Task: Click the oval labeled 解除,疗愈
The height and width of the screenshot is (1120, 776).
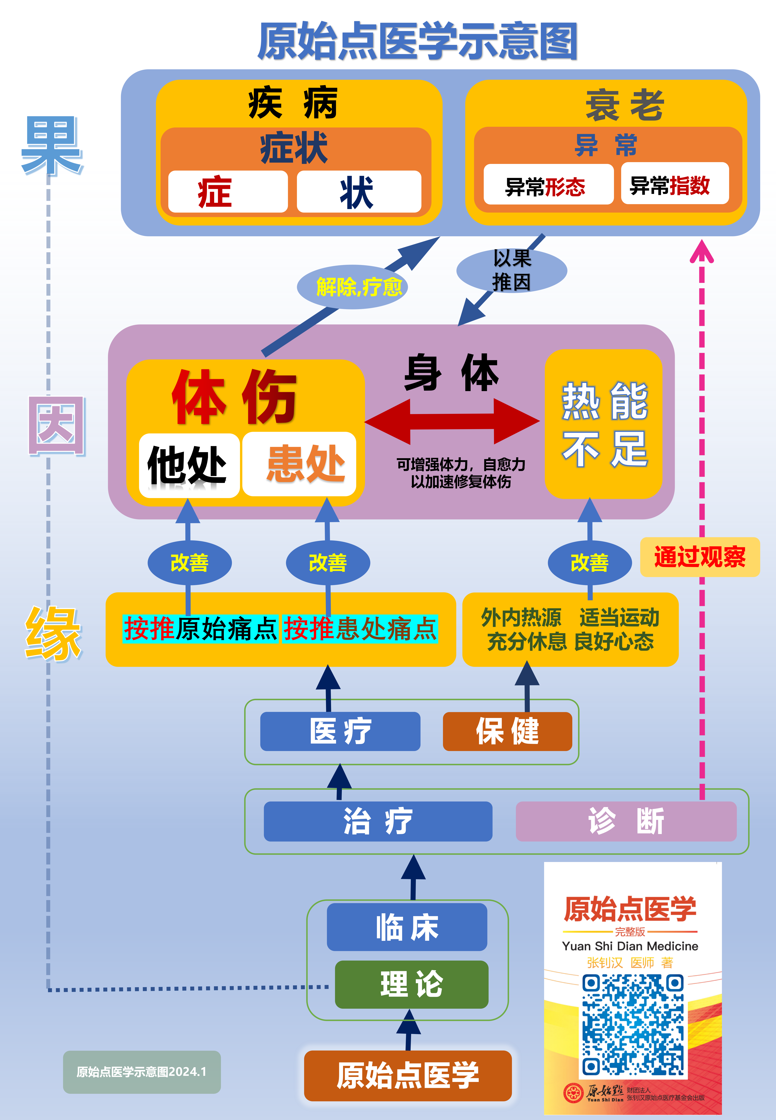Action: click(x=352, y=287)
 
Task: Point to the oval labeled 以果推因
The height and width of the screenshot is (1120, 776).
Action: click(x=512, y=270)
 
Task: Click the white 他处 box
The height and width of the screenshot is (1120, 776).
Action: click(x=189, y=464)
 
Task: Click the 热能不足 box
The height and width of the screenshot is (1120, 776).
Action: click(x=603, y=424)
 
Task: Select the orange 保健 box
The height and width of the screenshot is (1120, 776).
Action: click(x=507, y=731)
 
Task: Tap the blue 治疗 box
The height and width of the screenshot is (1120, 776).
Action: click(x=378, y=821)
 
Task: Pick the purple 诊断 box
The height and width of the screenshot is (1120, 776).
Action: click(x=626, y=821)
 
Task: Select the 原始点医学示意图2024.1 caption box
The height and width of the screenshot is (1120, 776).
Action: click(x=142, y=1072)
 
